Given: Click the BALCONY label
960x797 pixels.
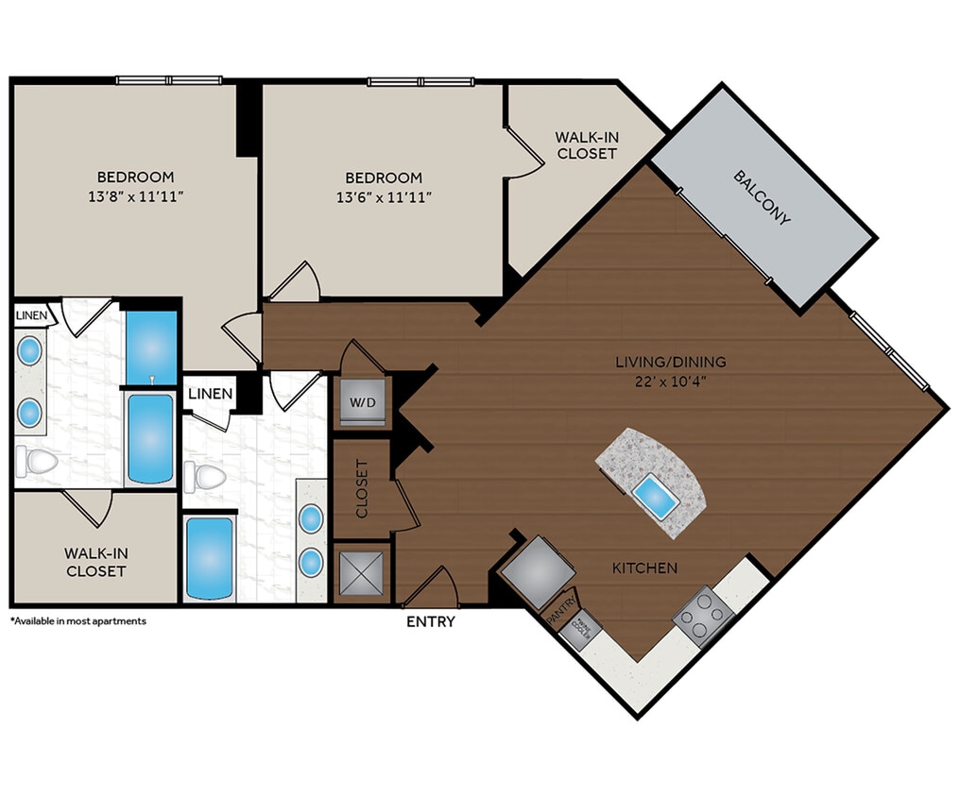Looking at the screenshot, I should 761,197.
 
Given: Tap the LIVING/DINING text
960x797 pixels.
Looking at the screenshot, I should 670,362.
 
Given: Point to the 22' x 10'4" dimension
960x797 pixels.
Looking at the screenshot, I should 670,382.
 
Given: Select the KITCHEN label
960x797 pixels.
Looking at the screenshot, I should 644,568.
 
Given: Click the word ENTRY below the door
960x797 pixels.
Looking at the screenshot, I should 430,621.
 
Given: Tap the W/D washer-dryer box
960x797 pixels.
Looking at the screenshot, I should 362,401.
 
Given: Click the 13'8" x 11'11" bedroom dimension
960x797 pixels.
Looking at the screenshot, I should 135,196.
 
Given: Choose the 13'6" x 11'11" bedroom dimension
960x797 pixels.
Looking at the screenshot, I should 383,196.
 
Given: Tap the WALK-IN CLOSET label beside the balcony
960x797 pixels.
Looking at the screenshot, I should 586,145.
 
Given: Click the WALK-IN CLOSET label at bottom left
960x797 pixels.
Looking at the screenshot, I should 94,562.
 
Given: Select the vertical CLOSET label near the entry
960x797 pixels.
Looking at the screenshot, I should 362,489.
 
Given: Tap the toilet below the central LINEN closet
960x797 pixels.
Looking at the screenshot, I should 206,475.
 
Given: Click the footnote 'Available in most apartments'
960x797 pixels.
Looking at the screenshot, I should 78,621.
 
